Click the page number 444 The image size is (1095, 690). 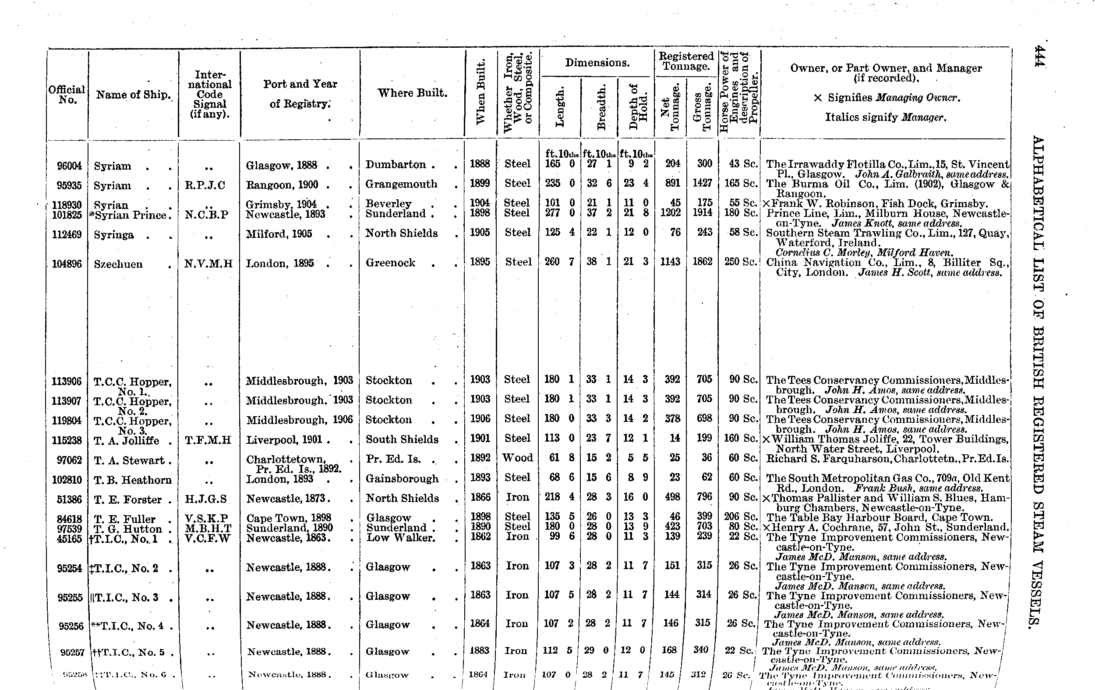[x=1038, y=56]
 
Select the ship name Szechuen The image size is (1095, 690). [x=118, y=264]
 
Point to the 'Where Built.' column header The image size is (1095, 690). [x=413, y=93]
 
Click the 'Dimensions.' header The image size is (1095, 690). [x=597, y=63]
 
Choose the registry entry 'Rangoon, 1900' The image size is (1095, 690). [x=282, y=185]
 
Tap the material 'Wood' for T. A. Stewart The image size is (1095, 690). [x=517, y=457]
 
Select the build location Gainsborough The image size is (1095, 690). [x=402, y=478]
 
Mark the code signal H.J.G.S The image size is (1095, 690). [x=205, y=499]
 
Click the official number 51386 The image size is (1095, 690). [x=69, y=499]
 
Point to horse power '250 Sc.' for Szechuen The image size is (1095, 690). [x=740, y=262]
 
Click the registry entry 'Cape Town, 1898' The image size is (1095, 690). [x=289, y=518]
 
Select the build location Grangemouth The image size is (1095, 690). [x=401, y=184]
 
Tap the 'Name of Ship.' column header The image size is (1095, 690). [x=133, y=95]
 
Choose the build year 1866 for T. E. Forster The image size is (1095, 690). [x=480, y=497]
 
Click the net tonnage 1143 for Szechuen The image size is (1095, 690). [x=670, y=262]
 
